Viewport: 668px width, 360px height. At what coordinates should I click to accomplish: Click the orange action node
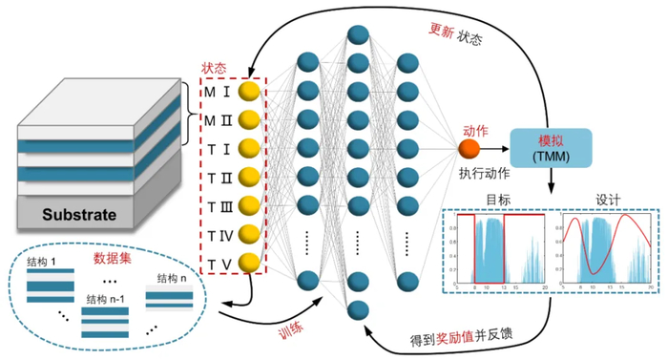469,150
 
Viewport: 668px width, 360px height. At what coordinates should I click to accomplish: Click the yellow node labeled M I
250,92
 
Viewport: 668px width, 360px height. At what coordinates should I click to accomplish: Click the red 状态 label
215,69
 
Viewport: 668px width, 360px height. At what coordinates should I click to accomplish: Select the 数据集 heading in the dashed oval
112,258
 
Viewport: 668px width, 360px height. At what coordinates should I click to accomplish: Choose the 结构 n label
172,278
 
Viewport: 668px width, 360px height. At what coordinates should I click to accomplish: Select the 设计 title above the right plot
608,201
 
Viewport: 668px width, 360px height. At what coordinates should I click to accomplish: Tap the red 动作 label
475,130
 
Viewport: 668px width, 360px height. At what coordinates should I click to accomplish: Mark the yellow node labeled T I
250,149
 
